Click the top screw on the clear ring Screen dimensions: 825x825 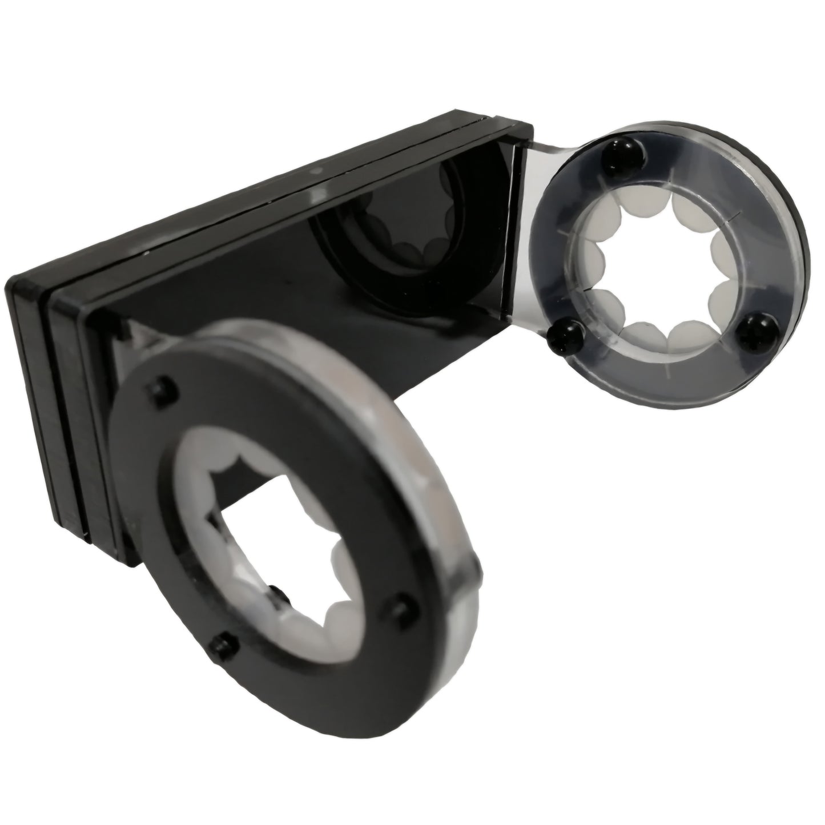click(x=624, y=153)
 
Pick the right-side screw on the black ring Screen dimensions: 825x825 click(x=404, y=605)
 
